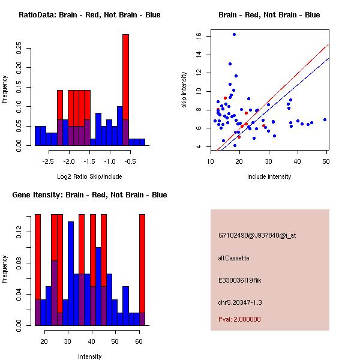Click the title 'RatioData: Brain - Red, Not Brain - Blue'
89,14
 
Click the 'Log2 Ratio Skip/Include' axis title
89,176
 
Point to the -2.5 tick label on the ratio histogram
49,161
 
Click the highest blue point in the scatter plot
234,34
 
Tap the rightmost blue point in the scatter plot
325,119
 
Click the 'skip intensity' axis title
185,90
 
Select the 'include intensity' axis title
269,176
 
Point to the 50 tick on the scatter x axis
326,161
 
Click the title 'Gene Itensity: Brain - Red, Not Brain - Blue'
89,195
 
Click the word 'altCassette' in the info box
234,257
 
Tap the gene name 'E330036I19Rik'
240,280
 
